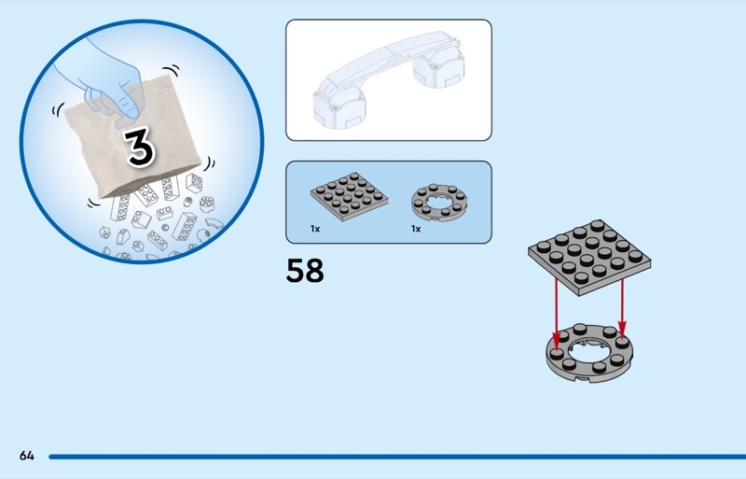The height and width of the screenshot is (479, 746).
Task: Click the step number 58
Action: point(305,271)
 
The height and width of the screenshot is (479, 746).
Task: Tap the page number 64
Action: point(27,456)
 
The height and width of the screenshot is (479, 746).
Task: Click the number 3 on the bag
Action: point(139,148)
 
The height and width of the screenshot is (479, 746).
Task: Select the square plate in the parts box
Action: point(349,196)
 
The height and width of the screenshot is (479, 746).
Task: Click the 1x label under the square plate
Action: point(315,229)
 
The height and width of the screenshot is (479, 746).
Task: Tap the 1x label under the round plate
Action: point(416,229)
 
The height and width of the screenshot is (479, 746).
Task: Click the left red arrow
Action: point(556,314)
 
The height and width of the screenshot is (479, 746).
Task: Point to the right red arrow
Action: point(622,311)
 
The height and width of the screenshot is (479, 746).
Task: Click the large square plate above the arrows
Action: point(589,257)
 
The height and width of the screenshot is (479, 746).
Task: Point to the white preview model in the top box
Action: point(389,80)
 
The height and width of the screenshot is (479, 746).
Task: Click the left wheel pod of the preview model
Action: point(338,107)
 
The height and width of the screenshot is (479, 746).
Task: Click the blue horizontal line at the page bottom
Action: point(397,457)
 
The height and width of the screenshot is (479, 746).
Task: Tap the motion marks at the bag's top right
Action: point(173,71)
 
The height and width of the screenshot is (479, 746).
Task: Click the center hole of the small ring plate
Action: point(438,201)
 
